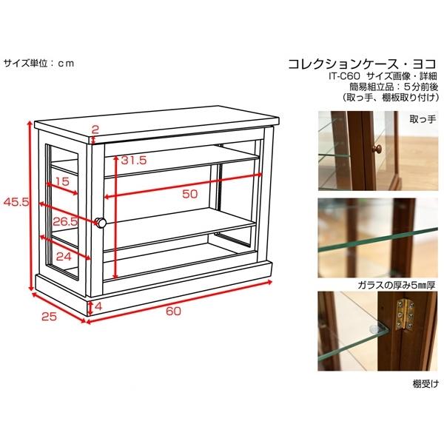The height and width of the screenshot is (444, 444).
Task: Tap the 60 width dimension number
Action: (x=173, y=311)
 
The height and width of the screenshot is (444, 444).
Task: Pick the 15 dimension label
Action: (x=61, y=181)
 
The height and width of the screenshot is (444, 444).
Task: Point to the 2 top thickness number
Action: (x=95, y=129)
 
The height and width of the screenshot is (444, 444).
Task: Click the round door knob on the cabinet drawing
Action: (x=101, y=222)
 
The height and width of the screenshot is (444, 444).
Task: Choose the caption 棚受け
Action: (x=427, y=383)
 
